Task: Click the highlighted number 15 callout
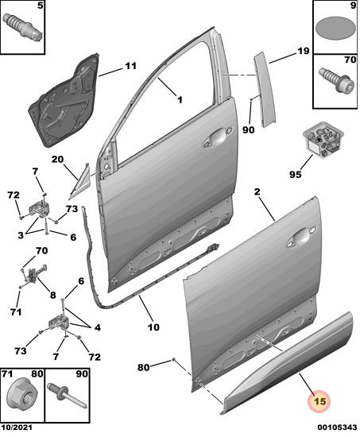[x=319, y=401]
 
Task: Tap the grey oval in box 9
[x=335, y=29]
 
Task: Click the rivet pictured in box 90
[x=67, y=395]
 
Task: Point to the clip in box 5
[x=22, y=26]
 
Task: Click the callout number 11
[x=130, y=66]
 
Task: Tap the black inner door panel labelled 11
[x=64, y=99]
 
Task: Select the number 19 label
[x=303, y=52]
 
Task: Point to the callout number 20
[x=57, y=160]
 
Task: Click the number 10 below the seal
[x=153, y=327]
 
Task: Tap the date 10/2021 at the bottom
[x=17, y=427]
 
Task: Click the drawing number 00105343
[x=337, y=427]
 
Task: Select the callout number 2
[x=257, y=191]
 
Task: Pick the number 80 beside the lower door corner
[x=144, y=368]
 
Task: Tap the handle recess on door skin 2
[x=302, y=238]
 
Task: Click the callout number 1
[x=180, y=100]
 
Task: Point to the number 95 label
[x=296, y=175]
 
